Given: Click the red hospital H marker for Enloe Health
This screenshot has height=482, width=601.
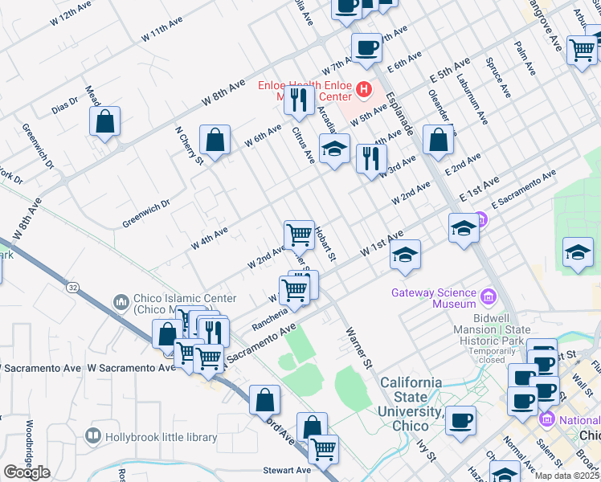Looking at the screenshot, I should point(363,89).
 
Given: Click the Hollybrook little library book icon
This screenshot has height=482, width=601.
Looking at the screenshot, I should point(94,437).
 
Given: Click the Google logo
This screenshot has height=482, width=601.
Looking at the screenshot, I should point(27,472).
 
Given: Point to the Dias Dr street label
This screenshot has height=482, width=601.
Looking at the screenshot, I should point(65,104).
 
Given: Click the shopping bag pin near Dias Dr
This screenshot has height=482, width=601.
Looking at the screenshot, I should point(105,123).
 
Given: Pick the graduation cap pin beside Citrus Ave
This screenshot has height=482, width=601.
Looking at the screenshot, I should point(335,149).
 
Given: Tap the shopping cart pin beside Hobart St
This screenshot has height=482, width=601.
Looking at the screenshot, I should point(299,235).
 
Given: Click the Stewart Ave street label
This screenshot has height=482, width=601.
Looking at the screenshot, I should point(287,470).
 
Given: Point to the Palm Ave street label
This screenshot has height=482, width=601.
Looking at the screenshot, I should point(525,59).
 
